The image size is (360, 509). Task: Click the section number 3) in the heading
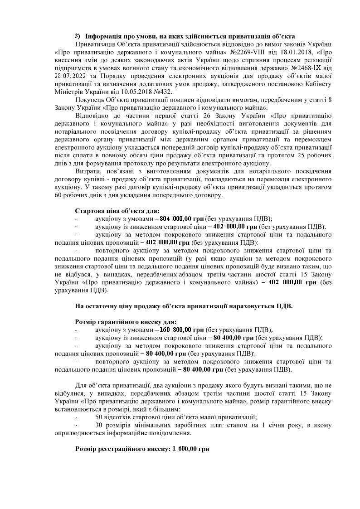(x=78, y=36)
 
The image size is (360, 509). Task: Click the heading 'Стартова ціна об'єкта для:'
(x=117, y=211)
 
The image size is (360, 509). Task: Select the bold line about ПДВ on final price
(x=184, y=306)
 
